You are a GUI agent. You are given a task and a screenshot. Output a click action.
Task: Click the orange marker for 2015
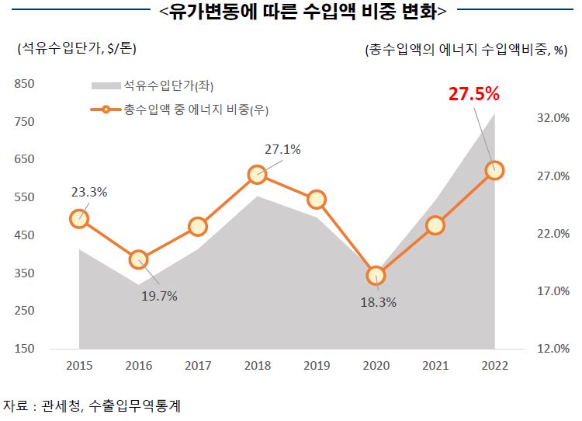(x=79, y=219)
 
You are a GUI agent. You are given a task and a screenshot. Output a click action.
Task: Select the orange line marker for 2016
(x=139, y=259)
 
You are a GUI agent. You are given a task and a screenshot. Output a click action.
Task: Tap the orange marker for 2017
(x=198, y=227)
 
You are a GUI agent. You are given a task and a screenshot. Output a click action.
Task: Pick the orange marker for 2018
(x=258, y=175)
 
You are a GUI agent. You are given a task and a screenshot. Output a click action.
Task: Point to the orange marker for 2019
(x=317, y=200)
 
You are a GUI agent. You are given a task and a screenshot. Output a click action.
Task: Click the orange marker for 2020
(x=376, y=275)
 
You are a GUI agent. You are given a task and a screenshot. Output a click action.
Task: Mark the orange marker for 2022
(x=494, y=170)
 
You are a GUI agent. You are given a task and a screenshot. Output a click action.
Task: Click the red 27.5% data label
(x=474, y=94)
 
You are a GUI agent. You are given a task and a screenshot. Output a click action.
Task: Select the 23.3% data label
(x=88, y=192)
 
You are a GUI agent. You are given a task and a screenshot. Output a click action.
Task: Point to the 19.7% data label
(x=159, y=296)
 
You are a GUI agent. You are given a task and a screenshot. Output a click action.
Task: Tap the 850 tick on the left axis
(x=25, y=84)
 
